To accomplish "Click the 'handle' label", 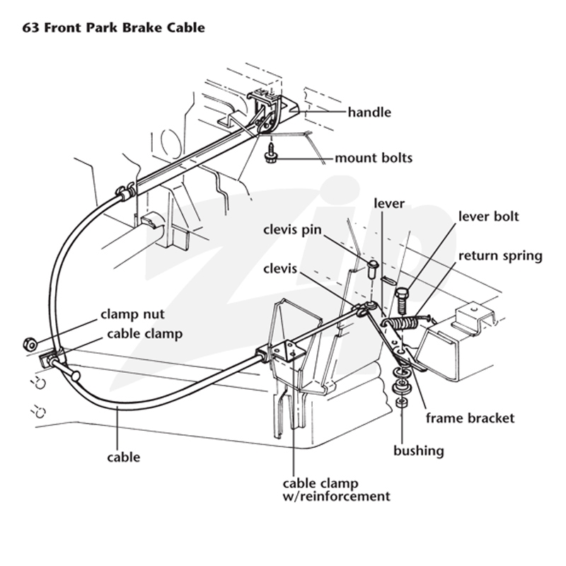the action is pos(369,112).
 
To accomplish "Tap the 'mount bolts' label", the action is pos(374,158).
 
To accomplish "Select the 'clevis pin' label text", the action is pos(292,230).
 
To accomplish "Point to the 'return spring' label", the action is pos(500,256).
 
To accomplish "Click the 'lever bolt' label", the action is pos(488,216).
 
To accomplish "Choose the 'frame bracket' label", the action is pos(470,418).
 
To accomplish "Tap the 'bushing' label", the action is pos(419,451).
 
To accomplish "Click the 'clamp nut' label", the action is pos(132,314).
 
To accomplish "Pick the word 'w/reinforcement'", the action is pos(337,497).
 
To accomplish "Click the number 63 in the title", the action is pos(30,28).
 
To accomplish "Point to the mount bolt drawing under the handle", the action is pos(270,153).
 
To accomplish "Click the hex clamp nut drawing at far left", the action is pos(30,344).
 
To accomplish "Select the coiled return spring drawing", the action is pos(405,320).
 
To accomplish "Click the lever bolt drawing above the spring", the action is pos(402,299).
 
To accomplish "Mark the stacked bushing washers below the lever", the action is pos(401,386).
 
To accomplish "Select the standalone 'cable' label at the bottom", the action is pos(123,457).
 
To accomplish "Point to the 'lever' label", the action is pos(388,204).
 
